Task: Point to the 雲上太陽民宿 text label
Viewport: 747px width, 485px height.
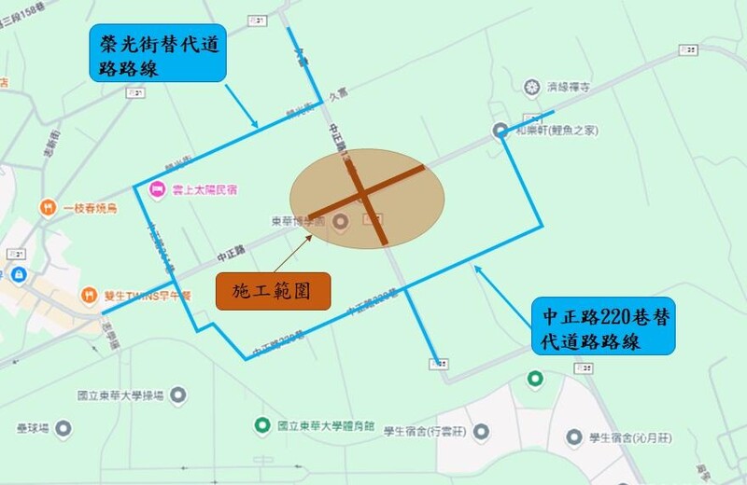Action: (x=202, y=190)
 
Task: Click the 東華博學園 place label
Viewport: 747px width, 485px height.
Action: (x=297, y=221)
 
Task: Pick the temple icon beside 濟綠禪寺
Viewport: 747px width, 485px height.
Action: (x=532, y=88)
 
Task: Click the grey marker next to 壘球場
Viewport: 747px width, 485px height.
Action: (x=63, y=428)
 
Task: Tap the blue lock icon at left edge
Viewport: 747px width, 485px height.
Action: (x=18, y=275)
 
